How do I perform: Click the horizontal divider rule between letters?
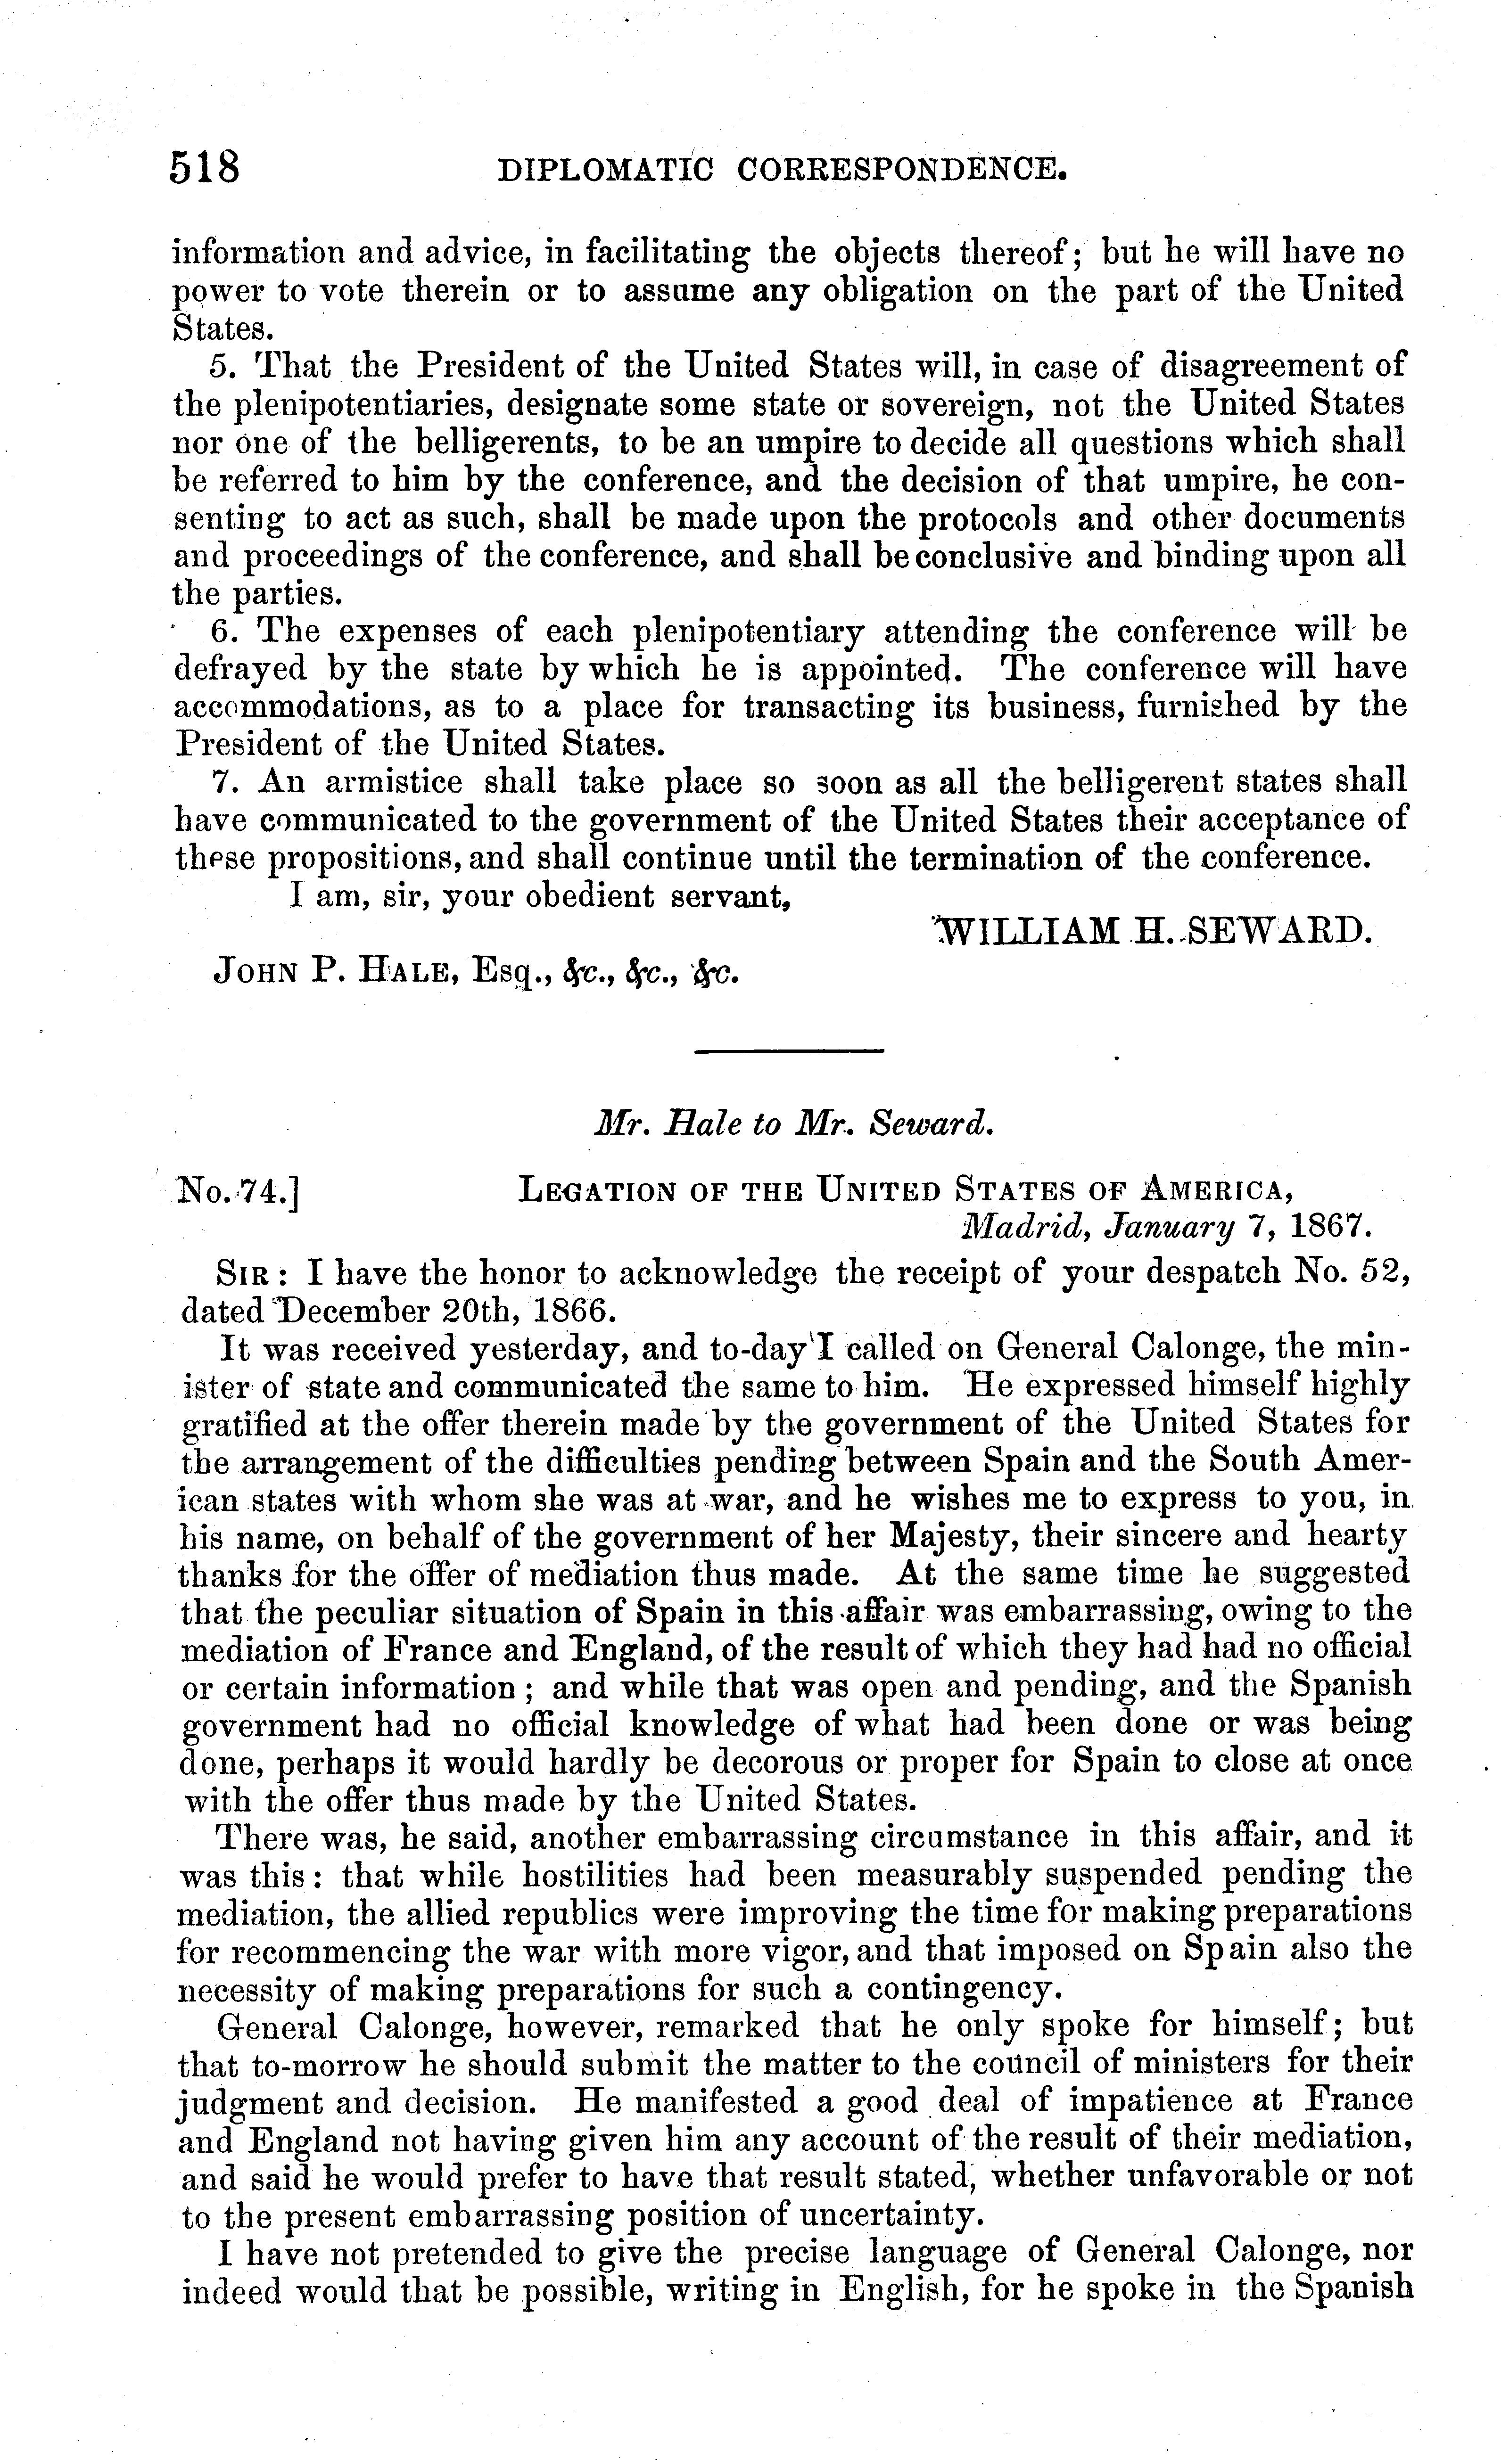point(789,1051)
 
